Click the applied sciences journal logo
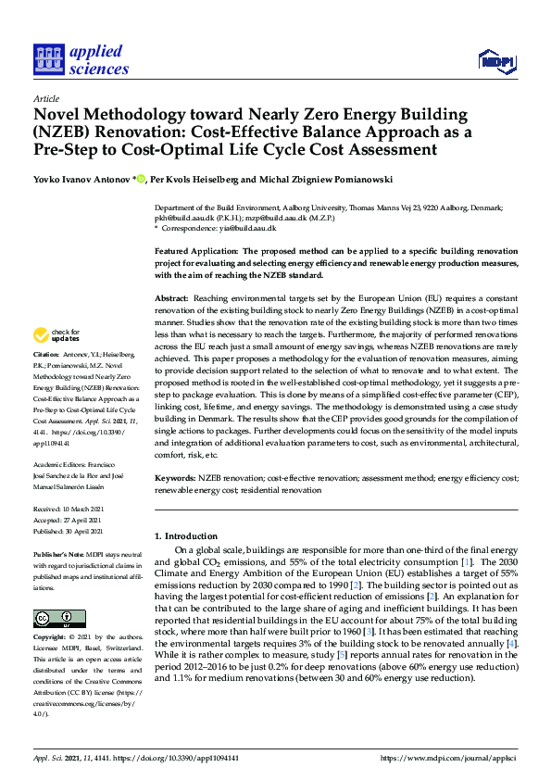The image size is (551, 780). [x=81, y=59]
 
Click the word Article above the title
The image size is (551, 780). [x=45, y=99]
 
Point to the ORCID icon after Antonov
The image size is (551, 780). [x=141, y=178]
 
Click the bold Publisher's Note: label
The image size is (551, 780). [x=59, y=554]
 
